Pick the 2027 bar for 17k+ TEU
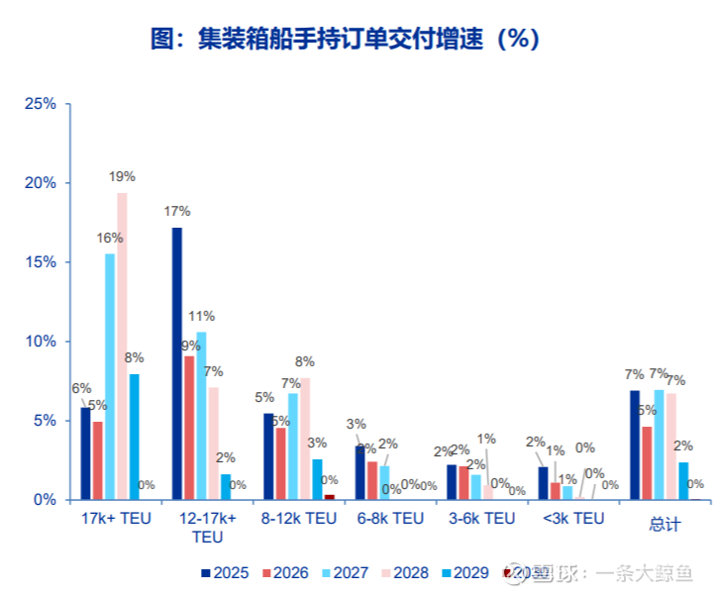(110, 376)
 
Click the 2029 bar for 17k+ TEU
(134, 437)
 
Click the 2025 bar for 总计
(635, 446)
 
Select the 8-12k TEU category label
(299, 518)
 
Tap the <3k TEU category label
(573, 518)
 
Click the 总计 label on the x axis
(664, 520)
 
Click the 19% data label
(122, 177)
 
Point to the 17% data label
(177, 211)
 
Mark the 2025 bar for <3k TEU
(543, 483)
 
